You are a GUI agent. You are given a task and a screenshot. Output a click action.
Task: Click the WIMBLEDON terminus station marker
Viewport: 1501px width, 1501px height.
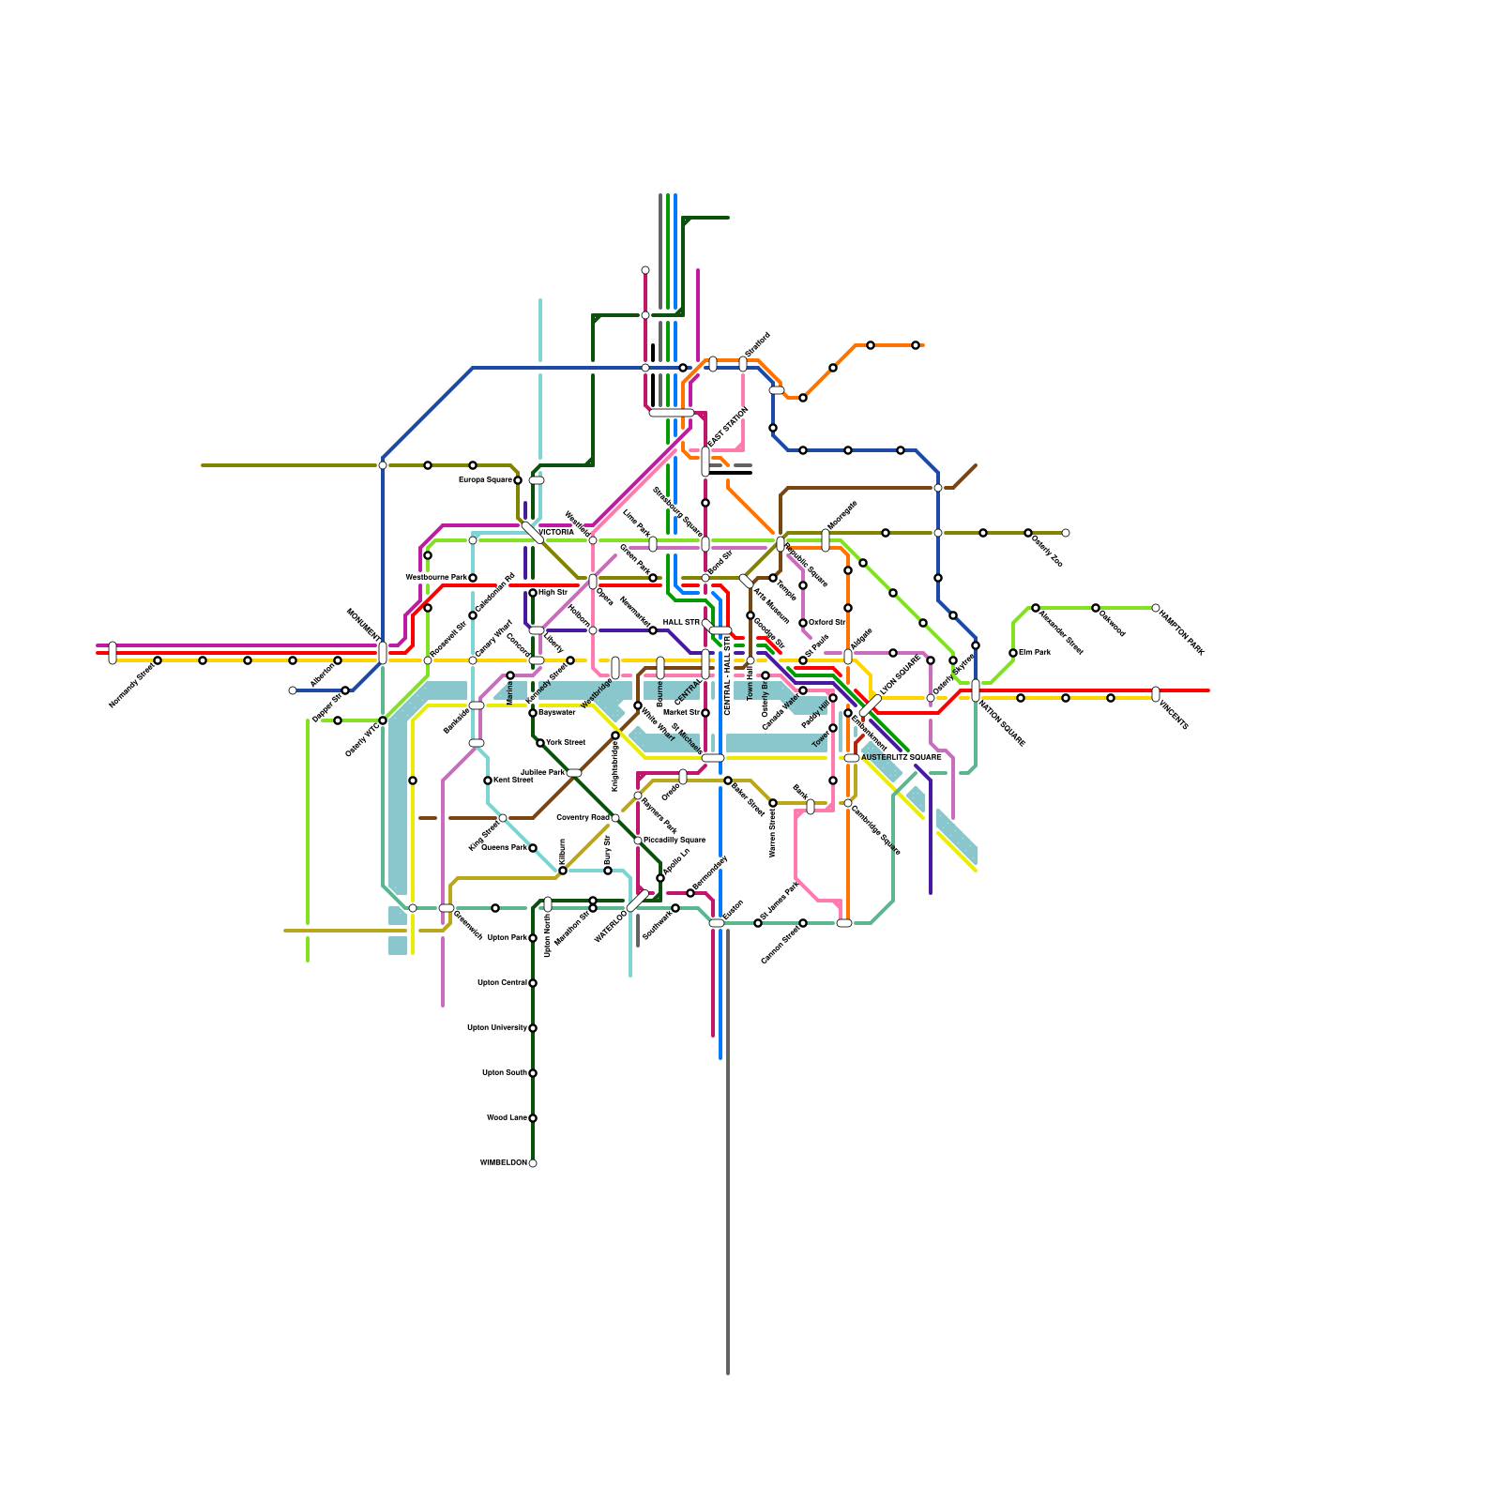pos(533,1163)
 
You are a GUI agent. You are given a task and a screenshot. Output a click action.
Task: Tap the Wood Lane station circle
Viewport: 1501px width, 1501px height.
pos(533,1118)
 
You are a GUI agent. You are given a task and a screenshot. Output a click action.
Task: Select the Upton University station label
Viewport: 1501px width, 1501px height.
pos(497,1028)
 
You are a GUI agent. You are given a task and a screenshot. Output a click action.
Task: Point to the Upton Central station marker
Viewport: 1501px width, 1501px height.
pos(533,983)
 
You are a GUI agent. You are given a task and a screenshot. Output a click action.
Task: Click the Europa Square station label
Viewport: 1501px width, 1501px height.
pos(485,480)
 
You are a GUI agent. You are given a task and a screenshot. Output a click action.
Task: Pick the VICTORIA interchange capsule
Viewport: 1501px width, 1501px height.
pos(532,532)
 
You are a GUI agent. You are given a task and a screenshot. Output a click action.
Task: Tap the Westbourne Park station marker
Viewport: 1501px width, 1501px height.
pos(473,578)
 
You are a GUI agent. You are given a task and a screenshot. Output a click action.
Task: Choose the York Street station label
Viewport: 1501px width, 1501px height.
pos(566,743)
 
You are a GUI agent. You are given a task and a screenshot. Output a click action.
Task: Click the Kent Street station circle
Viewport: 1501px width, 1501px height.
pos(488,781)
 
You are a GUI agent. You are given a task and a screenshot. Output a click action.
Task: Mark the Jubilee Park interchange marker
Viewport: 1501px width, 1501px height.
pos(574,773)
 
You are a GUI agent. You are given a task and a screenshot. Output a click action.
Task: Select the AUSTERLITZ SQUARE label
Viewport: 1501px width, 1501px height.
pos(901,758)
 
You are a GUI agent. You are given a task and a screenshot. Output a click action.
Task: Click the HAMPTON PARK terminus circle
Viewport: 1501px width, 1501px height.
pos(1156,608)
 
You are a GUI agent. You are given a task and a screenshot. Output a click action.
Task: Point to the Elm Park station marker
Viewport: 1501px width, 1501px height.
pos(1013,653)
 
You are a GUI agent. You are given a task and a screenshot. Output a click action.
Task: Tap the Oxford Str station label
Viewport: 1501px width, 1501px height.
pos(826,623)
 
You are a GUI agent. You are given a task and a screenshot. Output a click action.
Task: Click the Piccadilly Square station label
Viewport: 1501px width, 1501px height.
pos(675,841)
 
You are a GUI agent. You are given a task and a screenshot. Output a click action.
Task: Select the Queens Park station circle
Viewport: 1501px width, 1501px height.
pos(533,848)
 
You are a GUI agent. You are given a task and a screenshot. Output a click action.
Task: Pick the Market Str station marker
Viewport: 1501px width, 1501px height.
pos(705,713)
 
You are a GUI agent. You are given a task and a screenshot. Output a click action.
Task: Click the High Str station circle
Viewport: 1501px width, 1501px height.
pos(533,593)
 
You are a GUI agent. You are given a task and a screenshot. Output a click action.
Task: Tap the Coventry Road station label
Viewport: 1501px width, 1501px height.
pos(583,818)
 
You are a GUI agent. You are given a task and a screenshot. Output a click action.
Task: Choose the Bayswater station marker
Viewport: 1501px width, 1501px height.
pos(533,713)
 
